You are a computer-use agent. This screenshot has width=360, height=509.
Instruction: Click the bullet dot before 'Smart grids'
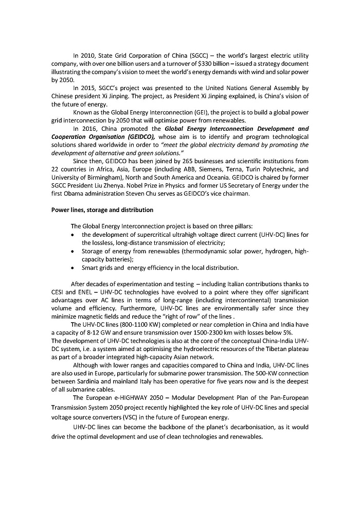tap(76, 268)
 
